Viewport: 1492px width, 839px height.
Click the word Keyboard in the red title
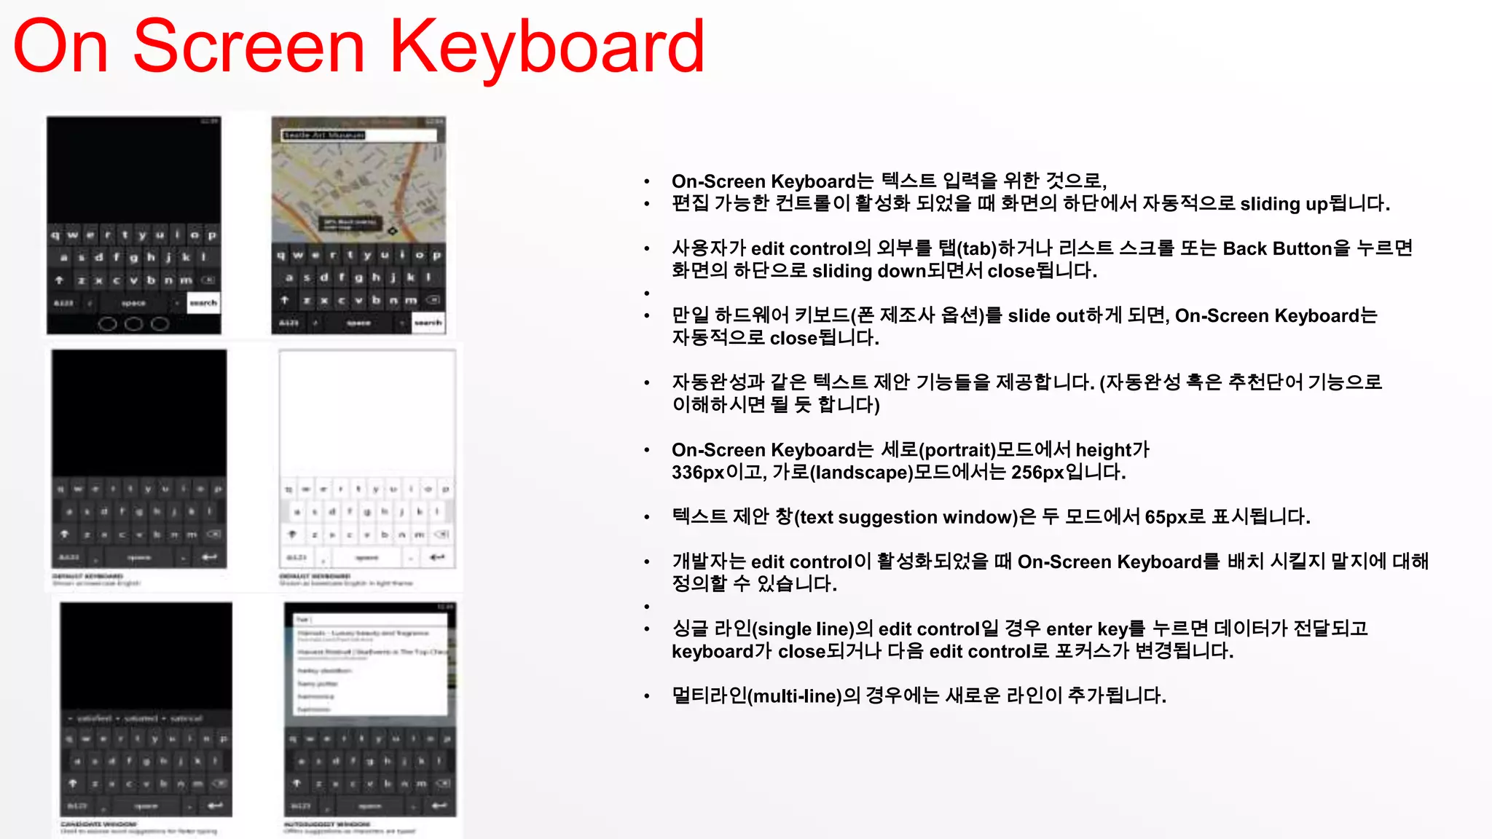click(547, 48)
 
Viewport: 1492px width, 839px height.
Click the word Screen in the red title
click(248, 48)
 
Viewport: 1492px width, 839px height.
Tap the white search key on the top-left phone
click(203, 302)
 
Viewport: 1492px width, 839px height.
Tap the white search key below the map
click(428, 322)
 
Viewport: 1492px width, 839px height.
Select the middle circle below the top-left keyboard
click(133, 323)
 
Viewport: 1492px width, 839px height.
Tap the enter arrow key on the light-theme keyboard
click(437, 557)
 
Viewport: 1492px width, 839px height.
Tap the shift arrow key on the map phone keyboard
click(285, 299)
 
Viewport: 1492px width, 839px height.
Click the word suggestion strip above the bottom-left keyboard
click(146, 718)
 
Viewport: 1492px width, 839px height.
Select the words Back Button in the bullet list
click(1277, 249)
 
